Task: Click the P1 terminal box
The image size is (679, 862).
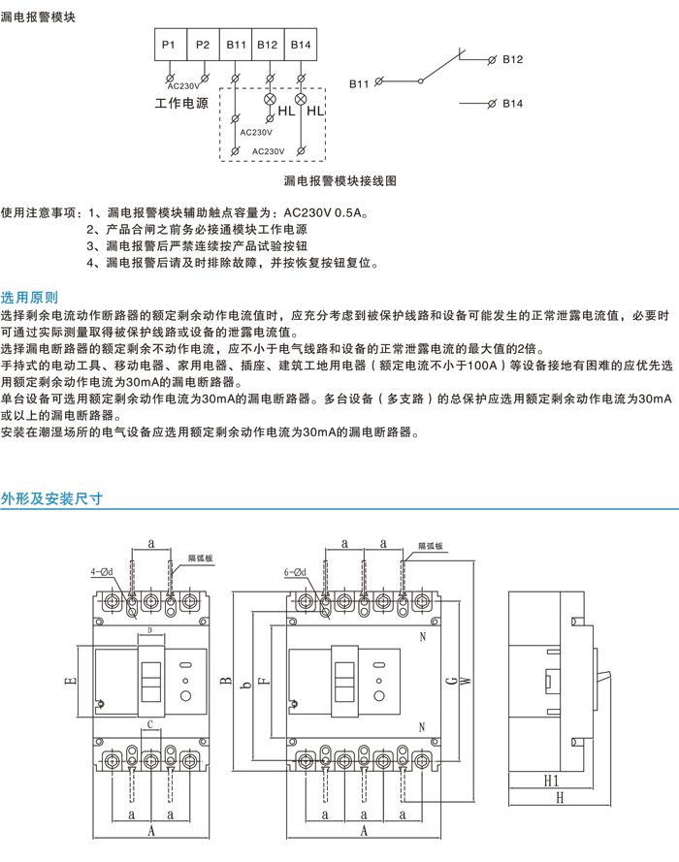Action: (168, 45)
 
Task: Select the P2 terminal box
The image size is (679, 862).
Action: (202, 45)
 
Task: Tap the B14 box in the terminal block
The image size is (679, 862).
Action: (301, 45)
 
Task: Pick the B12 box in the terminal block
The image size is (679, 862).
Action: (268, 45)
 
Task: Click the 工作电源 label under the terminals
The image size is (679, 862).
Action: (181, 102)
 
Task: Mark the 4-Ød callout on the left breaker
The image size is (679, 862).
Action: (101, 573)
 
